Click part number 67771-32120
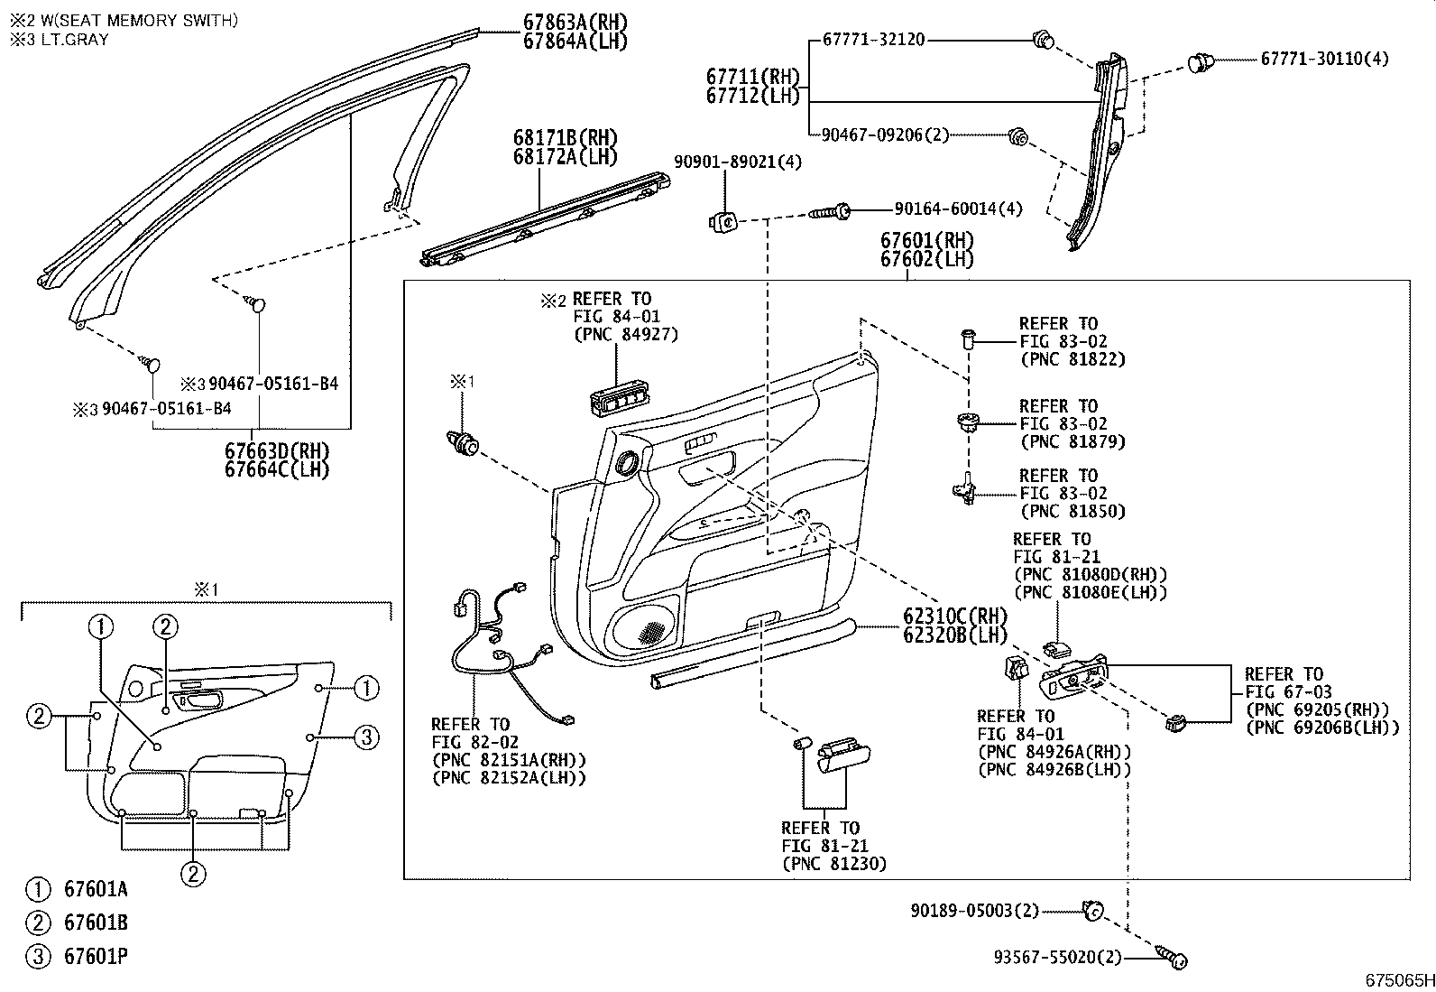(873, 40)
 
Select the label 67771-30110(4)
(1324, 59)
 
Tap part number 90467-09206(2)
(885, 135)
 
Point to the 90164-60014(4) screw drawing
(830, 210)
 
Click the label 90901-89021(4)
(737, 162)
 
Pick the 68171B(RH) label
(565, 138)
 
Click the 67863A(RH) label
(575, 23)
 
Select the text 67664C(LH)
(276, 469)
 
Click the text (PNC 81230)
(834, 864)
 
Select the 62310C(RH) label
(955, 617)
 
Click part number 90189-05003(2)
(974, 911)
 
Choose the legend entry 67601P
(96, 956)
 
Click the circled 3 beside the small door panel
(366, 737)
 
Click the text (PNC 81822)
(1072, 359)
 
